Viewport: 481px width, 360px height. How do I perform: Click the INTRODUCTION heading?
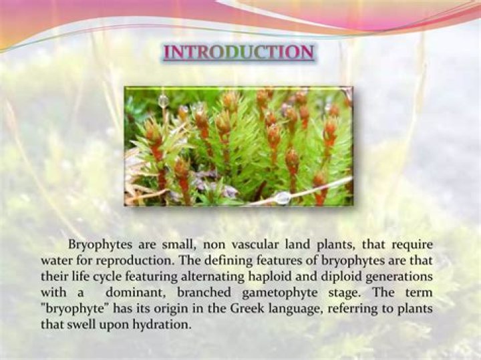click(238, 53)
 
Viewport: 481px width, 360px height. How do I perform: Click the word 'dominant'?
click(134, 293)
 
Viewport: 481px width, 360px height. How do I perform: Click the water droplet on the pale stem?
click(283, 198)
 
